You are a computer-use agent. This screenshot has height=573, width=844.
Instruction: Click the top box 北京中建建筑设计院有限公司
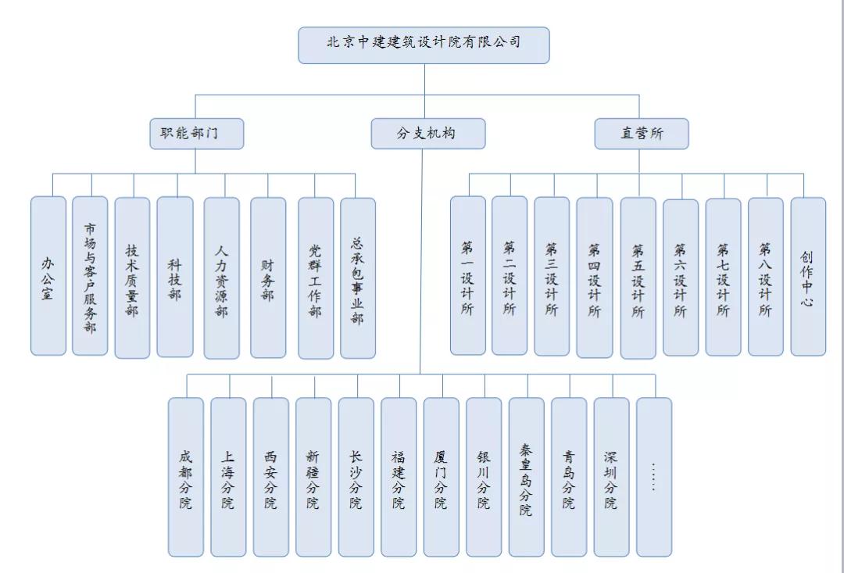(x=424, y=45)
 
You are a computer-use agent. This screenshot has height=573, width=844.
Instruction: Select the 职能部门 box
(x=196, y=134)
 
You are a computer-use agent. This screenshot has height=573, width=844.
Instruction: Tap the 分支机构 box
(x=427, y=134)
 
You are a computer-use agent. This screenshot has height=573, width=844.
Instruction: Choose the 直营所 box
(x=641, y=134)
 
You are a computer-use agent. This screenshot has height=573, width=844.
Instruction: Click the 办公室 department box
(x=48, y=276)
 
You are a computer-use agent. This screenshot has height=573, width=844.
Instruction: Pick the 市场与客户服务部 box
(x=90, y=276)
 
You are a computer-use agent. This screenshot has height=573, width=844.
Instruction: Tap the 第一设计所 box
(x=467, y=276)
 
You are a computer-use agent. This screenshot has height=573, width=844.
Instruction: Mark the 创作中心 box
(x=808, y=276)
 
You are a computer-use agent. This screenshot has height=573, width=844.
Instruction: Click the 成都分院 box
(x=185, y=477)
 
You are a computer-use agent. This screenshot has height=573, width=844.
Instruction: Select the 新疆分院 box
(x=313, y=477)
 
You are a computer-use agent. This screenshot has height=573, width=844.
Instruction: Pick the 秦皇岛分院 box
(x=526, y=477)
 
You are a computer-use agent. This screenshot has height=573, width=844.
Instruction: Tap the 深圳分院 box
(x=611, y=477)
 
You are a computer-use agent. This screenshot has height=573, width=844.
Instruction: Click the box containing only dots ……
(x=653, y=477)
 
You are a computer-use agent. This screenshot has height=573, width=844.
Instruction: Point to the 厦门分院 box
(x=441, y=477)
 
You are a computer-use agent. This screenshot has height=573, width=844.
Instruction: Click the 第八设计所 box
(x=765, y=276)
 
